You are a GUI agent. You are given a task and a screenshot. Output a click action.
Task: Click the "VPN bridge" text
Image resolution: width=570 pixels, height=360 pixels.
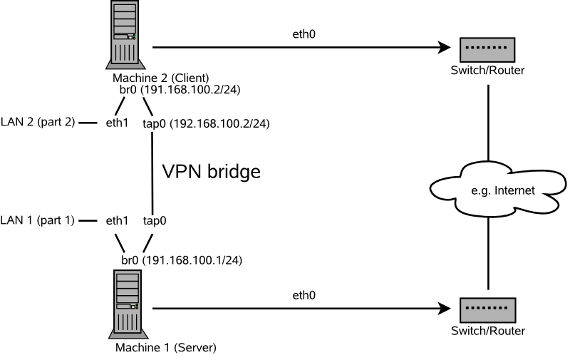(x=212, y=172)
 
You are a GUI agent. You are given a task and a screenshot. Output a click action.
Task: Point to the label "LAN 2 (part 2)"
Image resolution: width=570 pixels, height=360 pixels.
(x=37, y=123)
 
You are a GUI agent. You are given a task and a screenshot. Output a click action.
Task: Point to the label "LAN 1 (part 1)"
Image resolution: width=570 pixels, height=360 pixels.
(x=37, y=220)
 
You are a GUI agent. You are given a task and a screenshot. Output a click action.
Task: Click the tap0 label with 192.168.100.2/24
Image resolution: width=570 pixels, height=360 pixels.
(x=206, y=123)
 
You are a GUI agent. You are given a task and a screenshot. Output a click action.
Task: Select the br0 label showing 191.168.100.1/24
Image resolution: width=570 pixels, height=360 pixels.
(x=181, y=261)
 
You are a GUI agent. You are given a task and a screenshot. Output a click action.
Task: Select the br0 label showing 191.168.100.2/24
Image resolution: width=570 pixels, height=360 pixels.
(x=181, y=90)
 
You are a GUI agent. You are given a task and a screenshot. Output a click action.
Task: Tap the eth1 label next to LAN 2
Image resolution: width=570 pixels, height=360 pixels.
(x=117, y=123)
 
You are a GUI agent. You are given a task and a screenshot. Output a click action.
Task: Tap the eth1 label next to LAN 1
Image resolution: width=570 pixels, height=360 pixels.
(x=117, y=220)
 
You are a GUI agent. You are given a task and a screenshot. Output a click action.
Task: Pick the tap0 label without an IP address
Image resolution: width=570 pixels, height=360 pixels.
(x=155, y=220)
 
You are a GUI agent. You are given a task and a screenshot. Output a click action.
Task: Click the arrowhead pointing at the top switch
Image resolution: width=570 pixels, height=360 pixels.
(x=445, y=48)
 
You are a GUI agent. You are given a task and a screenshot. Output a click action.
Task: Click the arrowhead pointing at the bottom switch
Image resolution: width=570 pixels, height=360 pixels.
(x=445, y=309)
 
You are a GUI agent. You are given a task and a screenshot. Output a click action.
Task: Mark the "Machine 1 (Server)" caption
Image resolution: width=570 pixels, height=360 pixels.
(x=165, y=349)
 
